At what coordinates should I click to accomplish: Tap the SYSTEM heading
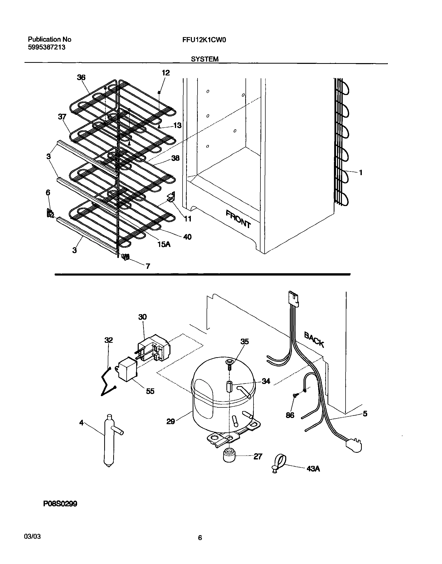click(204, 59)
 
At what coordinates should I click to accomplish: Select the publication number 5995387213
click(47, 47)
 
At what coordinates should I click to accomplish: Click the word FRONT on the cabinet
click(238, 219)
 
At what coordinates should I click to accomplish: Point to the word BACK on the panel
click(314, 340)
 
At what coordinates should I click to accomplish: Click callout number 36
click(81, 77)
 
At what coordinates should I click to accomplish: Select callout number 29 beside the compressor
click(170, 422)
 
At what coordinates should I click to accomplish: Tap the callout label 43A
click(313, 469)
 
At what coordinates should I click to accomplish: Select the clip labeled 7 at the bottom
click(126, 257)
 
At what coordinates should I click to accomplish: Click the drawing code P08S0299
click(60, 503)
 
